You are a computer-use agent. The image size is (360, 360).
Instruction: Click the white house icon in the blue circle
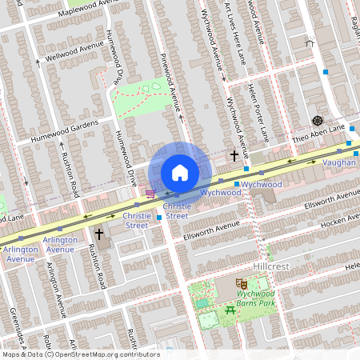pyautogui.click(x=180, y=172)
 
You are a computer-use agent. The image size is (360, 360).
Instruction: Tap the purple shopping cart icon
pyautogui.click(x=150, y=194)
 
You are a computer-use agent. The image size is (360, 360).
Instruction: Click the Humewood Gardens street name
pyautogui.click(x=62, y=126)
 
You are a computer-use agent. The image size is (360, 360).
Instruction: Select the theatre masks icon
pyautogui.click(x=240, y=282)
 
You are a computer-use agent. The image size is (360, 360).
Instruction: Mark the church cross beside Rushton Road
pyautogui.click(x=99, y=234)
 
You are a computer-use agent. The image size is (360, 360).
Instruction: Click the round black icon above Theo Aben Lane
pyautogui.click(x=317, y=120)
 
